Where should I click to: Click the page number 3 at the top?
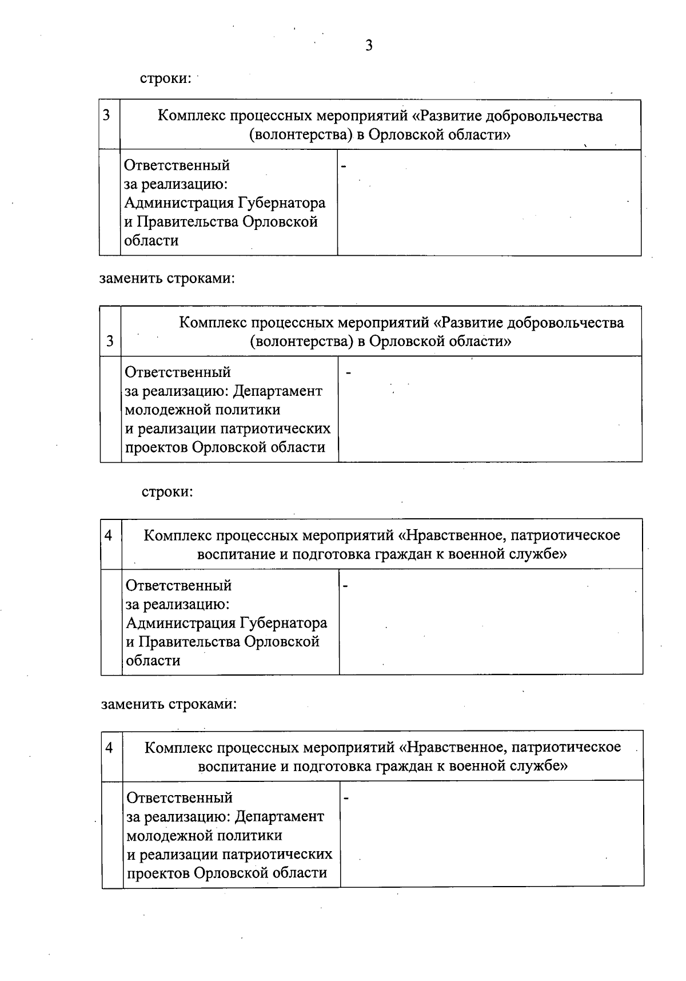point(369,45)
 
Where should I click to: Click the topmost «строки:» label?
point(166,78)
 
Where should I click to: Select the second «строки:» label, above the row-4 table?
point(167,491)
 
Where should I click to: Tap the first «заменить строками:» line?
point(167,279)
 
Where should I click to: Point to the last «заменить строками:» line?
point(169,704)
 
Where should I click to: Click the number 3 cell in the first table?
point(106,116)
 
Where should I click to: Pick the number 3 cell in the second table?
point(110,341)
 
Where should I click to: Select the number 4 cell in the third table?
point(109,535)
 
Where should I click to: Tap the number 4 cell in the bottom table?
point(109,747)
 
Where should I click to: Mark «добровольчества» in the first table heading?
point(544,116)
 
